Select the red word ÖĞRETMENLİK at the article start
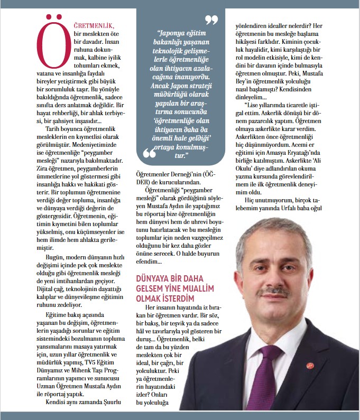click(94, 26)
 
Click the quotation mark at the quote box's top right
click(212, 21)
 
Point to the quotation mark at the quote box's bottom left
click(150, 154)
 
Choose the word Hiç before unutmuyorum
click(250, 200)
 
